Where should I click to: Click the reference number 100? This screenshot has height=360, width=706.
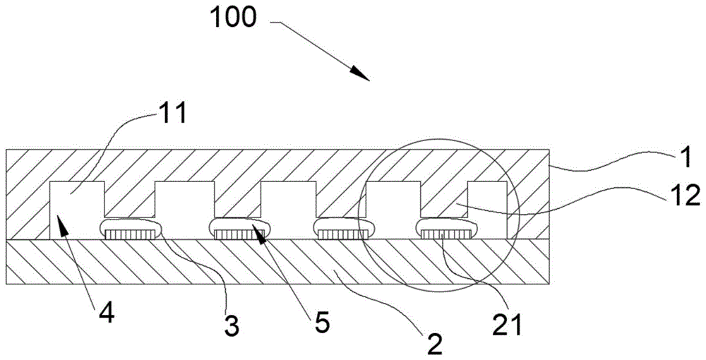click(232, 17)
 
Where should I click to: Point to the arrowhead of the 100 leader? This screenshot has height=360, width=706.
click(364, 76)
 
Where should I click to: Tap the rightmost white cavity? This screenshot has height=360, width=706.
click(486, 205)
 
